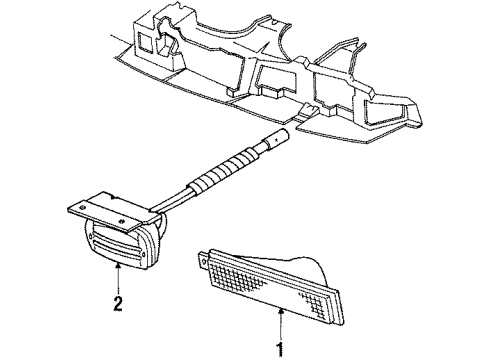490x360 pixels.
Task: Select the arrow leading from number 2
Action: coord(120,281)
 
